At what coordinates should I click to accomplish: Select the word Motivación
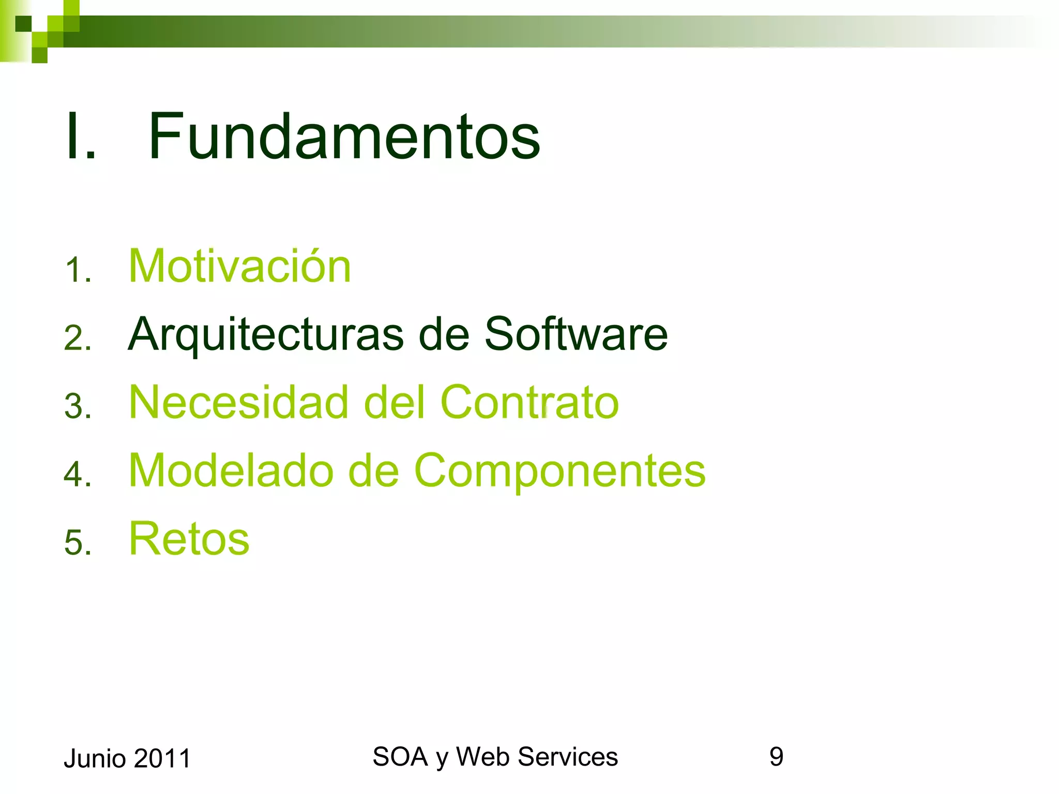[x=239, y=266]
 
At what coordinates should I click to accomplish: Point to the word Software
[x=576, y=334]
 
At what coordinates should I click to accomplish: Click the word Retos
[x=189, y=539]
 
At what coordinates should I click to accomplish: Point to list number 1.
[x=78, y=270]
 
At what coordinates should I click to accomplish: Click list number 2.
[x=78, y=338]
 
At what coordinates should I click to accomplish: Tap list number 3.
[x=78, y=406]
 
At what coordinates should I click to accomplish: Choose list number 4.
[x=78, y=474]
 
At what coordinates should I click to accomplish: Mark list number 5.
[x=78, y=542]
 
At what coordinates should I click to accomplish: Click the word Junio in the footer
[x=95, y=759]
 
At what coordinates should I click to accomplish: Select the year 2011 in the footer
[x=162, y=758]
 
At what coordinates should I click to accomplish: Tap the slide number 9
[x=776, y=757]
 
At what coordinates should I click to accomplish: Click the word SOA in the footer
[x=400, y=757]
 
